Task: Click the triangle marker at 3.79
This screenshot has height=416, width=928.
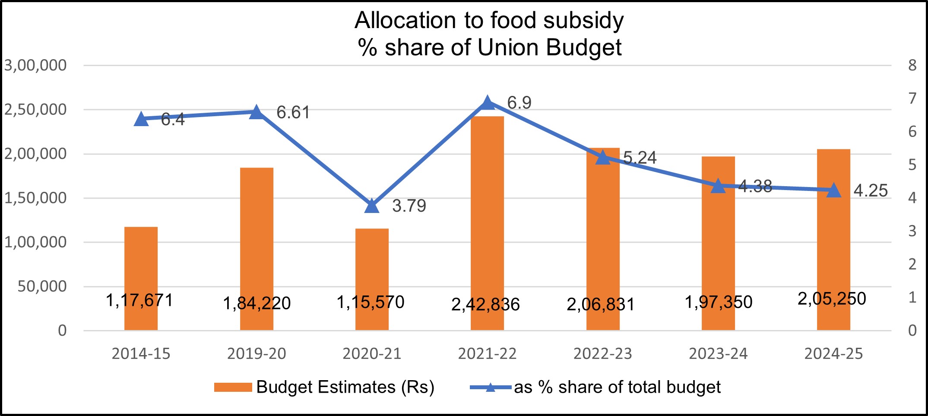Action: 372,206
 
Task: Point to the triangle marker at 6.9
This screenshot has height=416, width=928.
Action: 487,103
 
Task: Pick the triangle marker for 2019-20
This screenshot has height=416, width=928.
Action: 257,112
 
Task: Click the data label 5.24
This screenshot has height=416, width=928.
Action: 640,158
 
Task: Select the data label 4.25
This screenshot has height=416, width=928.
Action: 871,191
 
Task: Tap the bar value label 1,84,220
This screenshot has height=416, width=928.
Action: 257,303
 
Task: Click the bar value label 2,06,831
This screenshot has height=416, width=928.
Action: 600,305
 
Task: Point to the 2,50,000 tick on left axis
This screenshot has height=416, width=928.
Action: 35,110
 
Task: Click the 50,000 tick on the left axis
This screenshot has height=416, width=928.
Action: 42,286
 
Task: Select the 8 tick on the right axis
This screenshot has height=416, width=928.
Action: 912,65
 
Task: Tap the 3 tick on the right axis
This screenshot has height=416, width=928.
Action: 912,231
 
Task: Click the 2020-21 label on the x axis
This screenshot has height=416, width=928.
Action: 372,354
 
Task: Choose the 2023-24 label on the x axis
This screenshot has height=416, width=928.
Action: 718,354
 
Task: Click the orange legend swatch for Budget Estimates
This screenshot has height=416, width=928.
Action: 233,387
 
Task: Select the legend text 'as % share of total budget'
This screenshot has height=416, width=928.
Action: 617,387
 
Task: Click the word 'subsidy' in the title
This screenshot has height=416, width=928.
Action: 583,21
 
